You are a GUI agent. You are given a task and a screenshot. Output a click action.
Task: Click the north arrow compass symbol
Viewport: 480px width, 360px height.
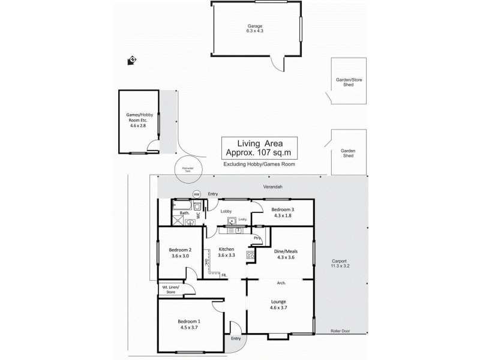point(131,60)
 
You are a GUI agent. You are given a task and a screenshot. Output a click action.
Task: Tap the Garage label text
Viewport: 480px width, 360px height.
point(256,26)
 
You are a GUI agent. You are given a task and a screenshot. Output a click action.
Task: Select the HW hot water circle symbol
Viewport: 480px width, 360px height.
point(196,194)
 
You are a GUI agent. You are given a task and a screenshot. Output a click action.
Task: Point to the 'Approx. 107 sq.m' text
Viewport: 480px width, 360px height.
point(261,152)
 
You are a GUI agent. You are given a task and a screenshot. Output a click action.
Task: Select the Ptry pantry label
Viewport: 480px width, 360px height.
point(257,238)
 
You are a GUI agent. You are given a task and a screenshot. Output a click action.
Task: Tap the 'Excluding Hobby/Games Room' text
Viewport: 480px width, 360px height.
point(259,164)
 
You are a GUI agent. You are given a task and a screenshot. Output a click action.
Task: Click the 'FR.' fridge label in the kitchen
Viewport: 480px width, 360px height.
point(223,275)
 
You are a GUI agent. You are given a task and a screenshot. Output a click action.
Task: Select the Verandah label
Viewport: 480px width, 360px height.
point(274,187)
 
